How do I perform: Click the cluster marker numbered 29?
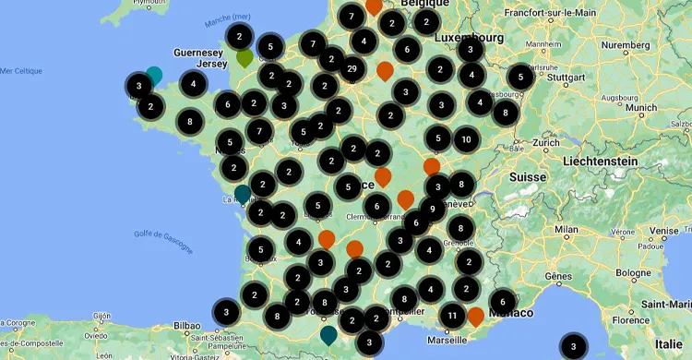point(352,68)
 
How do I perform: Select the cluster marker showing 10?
point(466,139)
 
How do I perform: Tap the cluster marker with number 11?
point(452,317)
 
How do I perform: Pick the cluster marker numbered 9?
point(432,209)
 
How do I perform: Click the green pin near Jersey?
point(245,57)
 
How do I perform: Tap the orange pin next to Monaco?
point(476,317)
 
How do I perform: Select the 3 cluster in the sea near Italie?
point(574,347)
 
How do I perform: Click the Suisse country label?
point(529,176)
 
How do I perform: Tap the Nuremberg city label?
point(625,44)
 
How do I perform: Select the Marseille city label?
point(447,339)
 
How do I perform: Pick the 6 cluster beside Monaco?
point(502,301)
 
